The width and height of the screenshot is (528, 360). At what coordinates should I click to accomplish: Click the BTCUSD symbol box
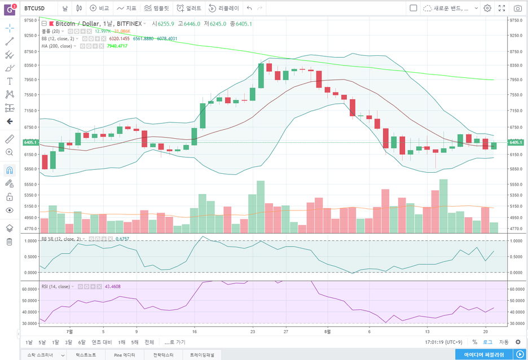point(35,8)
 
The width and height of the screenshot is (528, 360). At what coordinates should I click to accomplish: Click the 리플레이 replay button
point(224,8)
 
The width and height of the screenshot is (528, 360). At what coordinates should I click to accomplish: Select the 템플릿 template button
point(156,8)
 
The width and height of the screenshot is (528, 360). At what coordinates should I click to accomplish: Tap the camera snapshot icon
point(517,8)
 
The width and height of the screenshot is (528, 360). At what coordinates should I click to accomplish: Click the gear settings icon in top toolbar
point(487,8)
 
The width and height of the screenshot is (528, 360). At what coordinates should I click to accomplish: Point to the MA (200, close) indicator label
point(57,46)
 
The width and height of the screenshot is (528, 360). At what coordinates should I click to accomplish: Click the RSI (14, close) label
point(56,287)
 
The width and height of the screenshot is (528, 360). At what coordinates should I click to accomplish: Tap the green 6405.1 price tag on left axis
point(30,143)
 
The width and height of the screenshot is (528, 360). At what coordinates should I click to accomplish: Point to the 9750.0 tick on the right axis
point(516,20)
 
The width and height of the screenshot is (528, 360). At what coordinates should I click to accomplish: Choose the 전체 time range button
point(149,343)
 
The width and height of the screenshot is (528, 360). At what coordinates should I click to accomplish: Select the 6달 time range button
point(82,343)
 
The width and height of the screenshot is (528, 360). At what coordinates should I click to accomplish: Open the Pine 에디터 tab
point(124,355)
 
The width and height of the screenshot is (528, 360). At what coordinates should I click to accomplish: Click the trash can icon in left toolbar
point(10,242)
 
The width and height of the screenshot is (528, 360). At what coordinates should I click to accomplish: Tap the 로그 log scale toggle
point(487,343)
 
